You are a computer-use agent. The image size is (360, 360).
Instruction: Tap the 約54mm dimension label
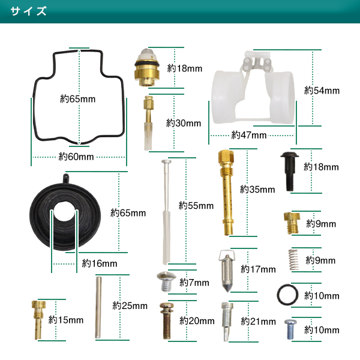pyautogui.click(x=322, y=91)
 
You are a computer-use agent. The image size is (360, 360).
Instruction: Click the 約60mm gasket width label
pyautogui.click(x=76, y=157)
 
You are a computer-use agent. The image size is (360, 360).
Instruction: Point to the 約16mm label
pyautogui.click(x=100, y=263)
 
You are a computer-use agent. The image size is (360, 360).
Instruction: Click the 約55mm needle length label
pyautogui.click(x=196, y=205)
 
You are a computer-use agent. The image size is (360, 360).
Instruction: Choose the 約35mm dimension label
pyautogui.click(x=257, y=190)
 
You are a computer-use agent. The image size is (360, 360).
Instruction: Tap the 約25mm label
pyautogui.click(x=130, y=305)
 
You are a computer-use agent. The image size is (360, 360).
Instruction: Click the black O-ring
pyautogui.click(x=287, y=295)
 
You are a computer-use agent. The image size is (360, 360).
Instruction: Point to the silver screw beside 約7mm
pyautogui.click(x=166, y=280)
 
